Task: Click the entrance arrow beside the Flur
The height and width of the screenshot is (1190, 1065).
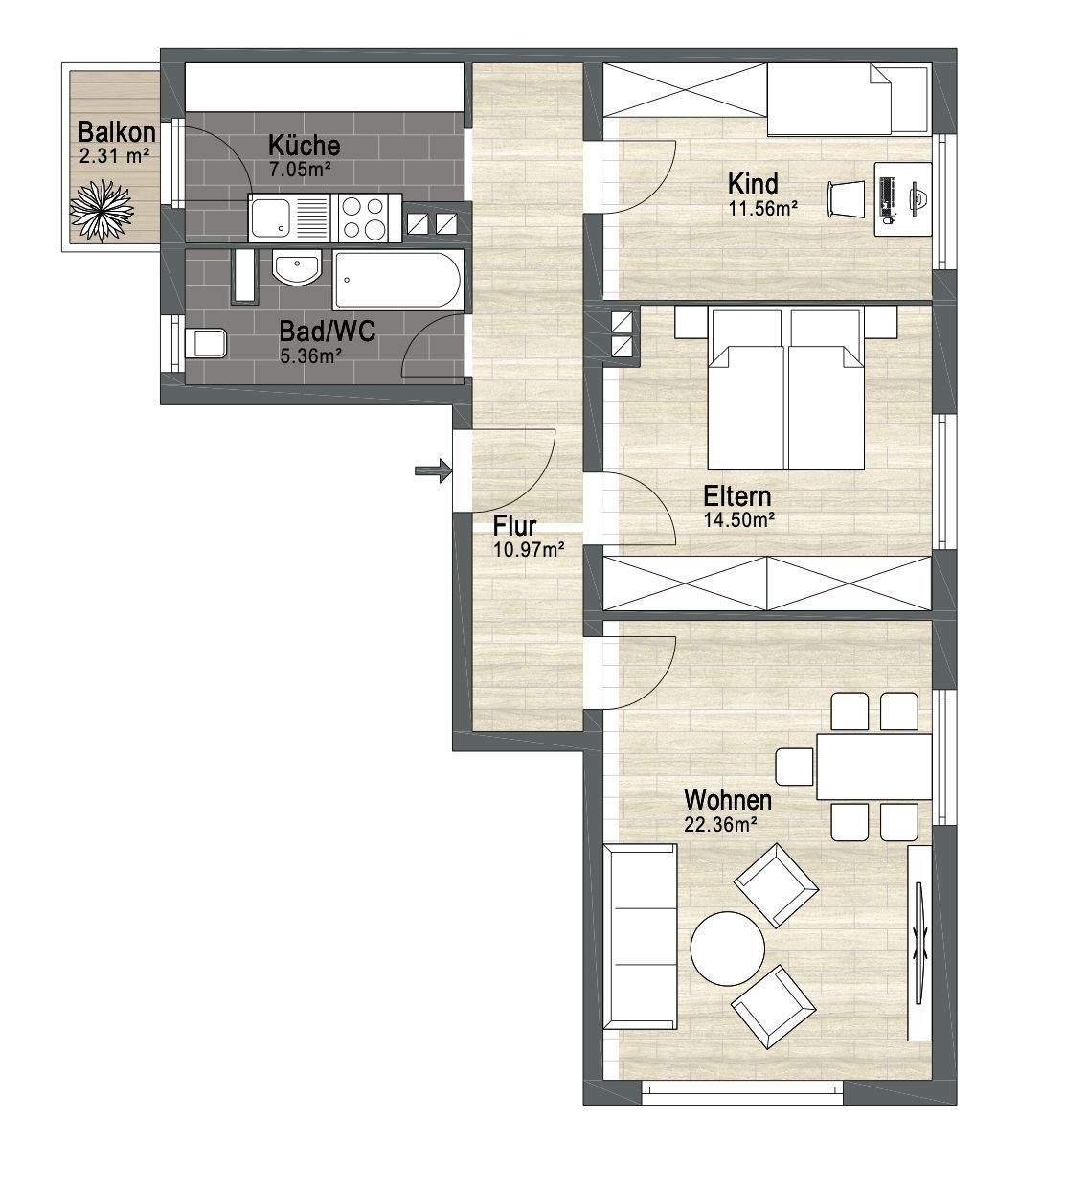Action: click(x=433, y=469)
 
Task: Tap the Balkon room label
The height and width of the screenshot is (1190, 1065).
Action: click(x=117, y=132)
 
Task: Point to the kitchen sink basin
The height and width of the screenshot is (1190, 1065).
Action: click(x=270, y=217)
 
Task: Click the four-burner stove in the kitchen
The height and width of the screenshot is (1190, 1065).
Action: click(x=364, y=217)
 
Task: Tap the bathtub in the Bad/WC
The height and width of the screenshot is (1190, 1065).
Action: click(x=398, y=280)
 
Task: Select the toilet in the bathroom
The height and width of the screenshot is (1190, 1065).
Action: click(x=206, y=343)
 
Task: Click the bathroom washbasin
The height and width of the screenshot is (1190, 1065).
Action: click(x=296, y=266)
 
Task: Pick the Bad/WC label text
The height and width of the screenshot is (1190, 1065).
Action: click(x=327, y=332)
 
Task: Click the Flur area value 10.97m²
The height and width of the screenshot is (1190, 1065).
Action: click(x=529, y=550)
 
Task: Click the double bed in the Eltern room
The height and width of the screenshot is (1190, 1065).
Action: click(x=785, y=387)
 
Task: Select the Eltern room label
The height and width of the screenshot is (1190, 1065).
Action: click(x=736, y=497)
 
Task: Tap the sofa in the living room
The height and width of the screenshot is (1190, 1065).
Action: click(x=640, y=937)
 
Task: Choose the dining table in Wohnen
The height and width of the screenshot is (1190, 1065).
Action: click(x=873, y=767)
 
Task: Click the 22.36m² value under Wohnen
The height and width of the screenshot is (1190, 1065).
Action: click(x=720, y=825)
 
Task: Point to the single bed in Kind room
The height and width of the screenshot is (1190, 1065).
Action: click(x=848, y=100)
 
